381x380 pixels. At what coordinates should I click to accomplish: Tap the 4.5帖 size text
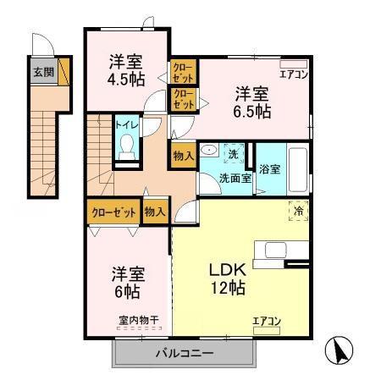click(126, 79)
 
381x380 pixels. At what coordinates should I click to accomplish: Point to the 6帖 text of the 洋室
click(127, 291)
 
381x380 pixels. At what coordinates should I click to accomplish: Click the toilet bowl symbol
click(127, 148)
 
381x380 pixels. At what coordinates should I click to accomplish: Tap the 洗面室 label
click(235, 179)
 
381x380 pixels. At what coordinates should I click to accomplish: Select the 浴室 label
click(269, 169)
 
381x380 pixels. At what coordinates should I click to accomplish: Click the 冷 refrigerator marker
click(299, 212)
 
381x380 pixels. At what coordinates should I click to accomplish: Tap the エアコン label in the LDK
click(266, 321)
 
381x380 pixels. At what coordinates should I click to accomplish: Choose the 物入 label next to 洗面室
click(183, 155)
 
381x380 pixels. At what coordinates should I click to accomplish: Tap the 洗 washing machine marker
click(234, 154)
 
